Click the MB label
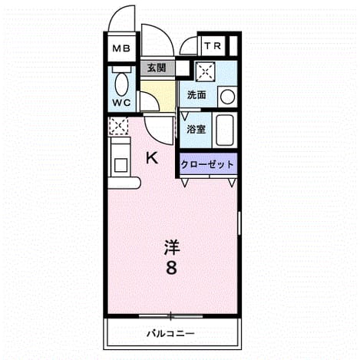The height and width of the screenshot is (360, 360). pyautogui.click(x=121, y=48)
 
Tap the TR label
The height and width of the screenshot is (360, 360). pyautogui.click(x=213, y=46)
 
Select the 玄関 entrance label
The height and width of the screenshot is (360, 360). pyautogui.click(x=157, y=68)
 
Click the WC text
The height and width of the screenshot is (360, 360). pyautogui.click(x=122, y=103)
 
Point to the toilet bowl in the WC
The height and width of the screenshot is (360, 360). pyautogui.click(x=121, y=84)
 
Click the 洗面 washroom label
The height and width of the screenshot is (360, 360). pyautogui.click(x=197, y=95)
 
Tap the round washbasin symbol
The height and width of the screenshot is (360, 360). pyautogui.click(x=227, y=97)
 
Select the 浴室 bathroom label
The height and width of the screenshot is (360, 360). pyautogui.click(x=197, y=129)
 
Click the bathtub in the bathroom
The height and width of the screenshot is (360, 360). pyautogui.click(x=224, y=130)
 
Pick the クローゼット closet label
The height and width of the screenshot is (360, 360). pyautogui.click(x=207, y=164)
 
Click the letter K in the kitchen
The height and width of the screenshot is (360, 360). pyautogui.click(x=152, y=157)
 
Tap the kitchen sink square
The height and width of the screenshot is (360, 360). pyautogui.click(x=121, y=165)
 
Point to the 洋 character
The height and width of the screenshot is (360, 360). pyautogui.click(x=172, y=247)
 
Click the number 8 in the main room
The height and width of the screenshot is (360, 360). pyautogui.click(x=171, y=268)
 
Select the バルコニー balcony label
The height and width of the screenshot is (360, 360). pyautogui.click(x=171, y=333)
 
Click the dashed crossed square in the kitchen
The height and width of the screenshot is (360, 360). pyautogui.click(x=118, y=126)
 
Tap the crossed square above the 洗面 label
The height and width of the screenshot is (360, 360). pyautogui.click(x=206, y=71)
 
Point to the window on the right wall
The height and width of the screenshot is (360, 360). pyautogui.click(x=239, y=223)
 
